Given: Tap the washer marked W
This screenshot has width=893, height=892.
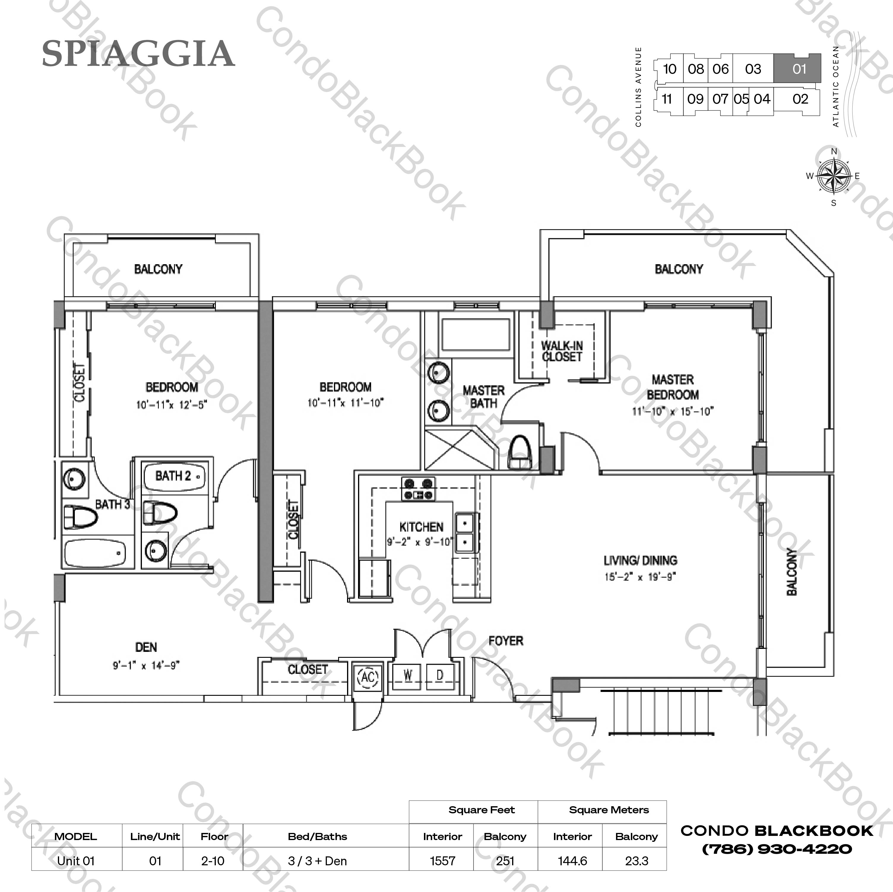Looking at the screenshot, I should coord(408,675).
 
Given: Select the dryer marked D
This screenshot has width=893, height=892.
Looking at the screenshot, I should coord(440,675).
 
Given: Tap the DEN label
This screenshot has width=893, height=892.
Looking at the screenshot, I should coord(146,647).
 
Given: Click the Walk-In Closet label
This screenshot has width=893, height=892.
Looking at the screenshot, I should coord(562,351).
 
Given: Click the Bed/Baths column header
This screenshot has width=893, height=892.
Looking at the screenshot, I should coord(317,836).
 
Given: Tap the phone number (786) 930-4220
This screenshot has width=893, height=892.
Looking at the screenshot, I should coord(777,849).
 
